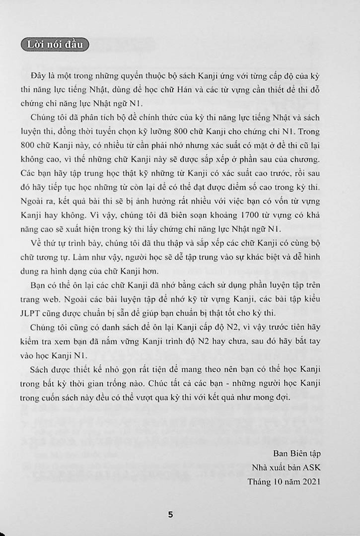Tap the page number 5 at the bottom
pyautogui.click(x=171, y=515)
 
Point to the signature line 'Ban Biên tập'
pyautogui.click(x=297, y=454)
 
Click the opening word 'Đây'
pyautogui.click(x=37, y=75)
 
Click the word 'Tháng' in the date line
pyautogui.click(x=260, y=481)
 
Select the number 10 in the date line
pyautogui.click(x=281, y=481)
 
